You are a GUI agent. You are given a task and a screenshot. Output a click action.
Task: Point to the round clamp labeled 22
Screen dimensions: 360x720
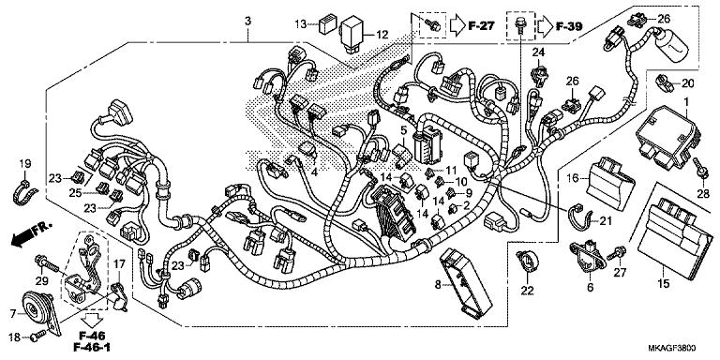coord(526,260)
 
